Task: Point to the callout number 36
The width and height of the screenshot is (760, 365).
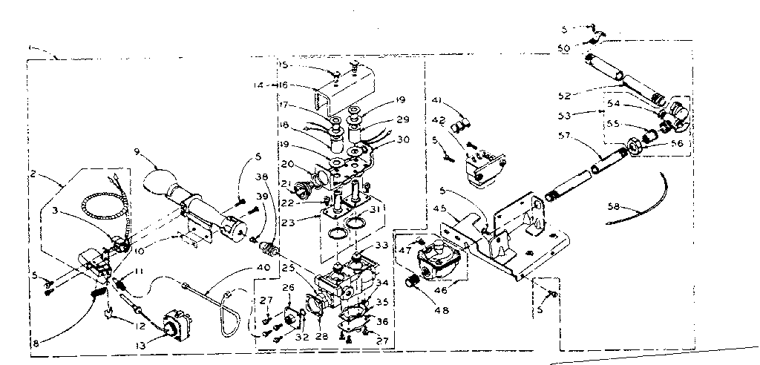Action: click(383, 321)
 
